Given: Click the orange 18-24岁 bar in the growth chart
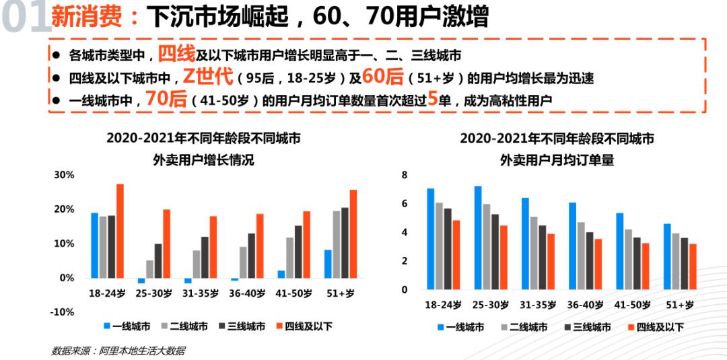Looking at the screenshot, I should (120, 231).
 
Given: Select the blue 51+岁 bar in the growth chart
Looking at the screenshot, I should (328, 264).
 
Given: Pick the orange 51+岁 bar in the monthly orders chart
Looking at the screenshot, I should (693, 266).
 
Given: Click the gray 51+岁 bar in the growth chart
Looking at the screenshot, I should (337, 244).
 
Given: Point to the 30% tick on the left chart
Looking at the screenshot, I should (64, 175).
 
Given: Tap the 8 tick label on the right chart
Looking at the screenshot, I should (405, 175).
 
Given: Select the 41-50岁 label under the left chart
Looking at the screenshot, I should (293, 293).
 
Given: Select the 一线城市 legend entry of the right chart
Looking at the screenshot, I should (460, 327).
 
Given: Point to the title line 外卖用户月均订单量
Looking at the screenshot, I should (557, 160).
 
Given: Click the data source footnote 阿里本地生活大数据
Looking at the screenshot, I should (117, 351).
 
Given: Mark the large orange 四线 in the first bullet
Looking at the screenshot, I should (176, 53).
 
